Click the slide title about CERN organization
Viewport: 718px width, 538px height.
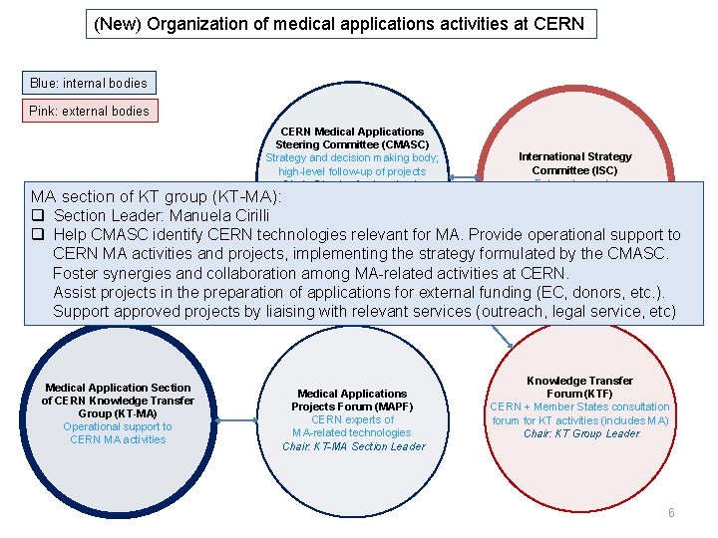[x=339, y=23]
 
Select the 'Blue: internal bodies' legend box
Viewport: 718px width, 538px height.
[x=88, y=84]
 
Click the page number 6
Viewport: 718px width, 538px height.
[x=671, y=512]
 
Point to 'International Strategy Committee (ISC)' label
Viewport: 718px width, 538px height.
[x=574, y=163]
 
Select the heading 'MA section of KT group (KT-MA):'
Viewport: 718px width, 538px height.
[x=156, y=197]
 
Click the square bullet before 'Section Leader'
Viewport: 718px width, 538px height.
[x=37, y=216]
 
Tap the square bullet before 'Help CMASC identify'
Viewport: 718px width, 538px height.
[x=37, y=235]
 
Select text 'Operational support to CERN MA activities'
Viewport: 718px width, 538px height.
[x=118, y=433]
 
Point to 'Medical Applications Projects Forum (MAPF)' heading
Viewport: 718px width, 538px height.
[x=352, y=401]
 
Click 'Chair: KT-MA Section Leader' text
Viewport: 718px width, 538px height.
[x=353, y=446]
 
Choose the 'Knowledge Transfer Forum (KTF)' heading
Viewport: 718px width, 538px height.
[x=579, y=387]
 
